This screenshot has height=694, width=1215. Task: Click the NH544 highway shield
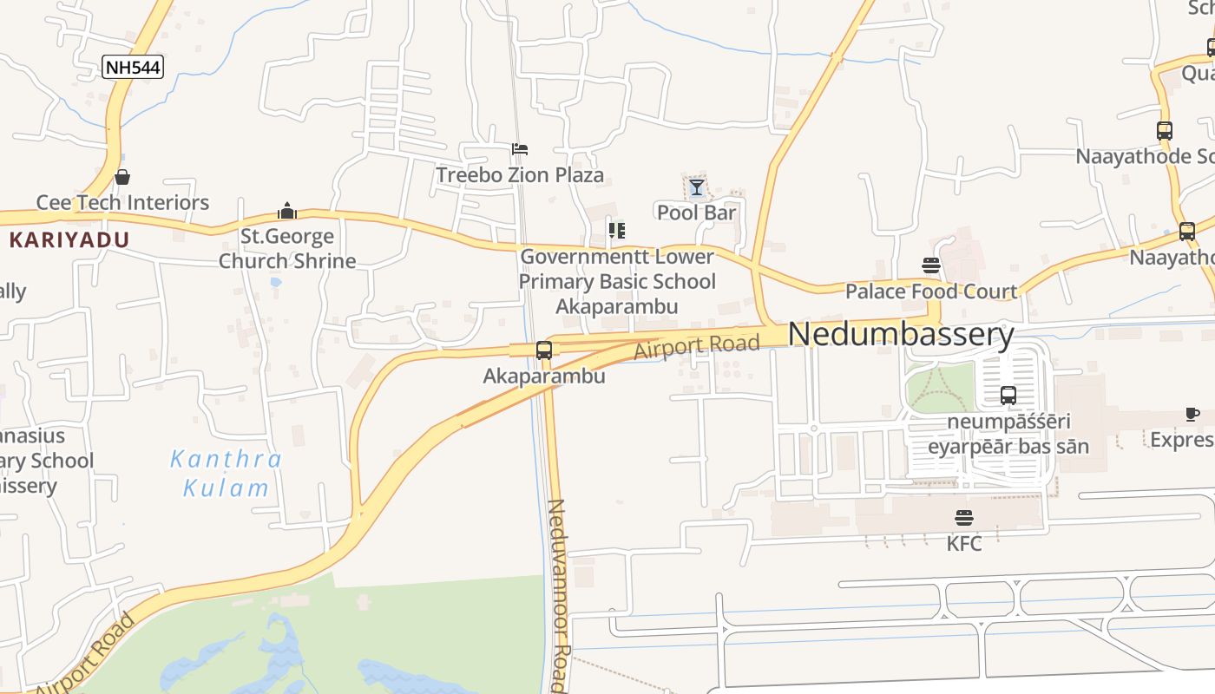(x=133, y=67)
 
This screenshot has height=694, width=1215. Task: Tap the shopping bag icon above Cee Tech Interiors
(x=122, y=178)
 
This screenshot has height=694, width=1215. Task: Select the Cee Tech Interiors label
(x=122, y=203)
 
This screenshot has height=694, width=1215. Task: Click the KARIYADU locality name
(x=69, y=240)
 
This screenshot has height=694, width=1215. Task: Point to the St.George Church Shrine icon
(x=287, y=211)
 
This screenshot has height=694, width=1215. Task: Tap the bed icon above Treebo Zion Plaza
(x=520, y=149)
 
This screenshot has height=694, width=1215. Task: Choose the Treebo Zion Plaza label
(x=520, y=175)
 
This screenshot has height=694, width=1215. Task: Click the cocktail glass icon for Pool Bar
(x=696, y=187)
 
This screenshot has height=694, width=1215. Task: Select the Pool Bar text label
(x=696, y=213)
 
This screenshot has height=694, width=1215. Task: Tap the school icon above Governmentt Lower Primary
(x=617, y=231)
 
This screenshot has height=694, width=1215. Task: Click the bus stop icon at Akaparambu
(x=544, y=350)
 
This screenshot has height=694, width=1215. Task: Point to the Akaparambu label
(x=544, y=377)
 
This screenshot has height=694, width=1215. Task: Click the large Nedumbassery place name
(x=901, y=335)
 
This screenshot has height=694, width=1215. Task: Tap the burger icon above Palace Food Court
(x=931, y=265)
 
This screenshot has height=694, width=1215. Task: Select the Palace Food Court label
(x=931, y=291)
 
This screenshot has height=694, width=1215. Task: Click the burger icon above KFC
(x=964, y=519)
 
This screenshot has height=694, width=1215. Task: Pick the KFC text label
(x=964, y=544)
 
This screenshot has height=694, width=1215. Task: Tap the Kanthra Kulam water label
(x=226, y=474)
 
